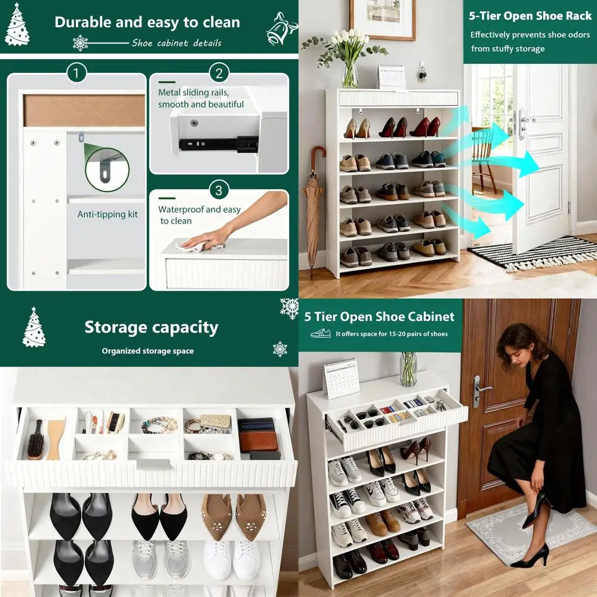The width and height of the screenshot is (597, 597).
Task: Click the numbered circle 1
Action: pos(76,74)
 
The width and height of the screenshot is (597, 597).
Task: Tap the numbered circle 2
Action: pos(219,74)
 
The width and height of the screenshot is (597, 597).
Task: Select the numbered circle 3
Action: pos(219,190)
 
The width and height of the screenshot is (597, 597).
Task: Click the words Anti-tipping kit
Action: pos(107,214)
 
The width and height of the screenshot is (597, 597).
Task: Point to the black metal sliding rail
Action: pos(219,143)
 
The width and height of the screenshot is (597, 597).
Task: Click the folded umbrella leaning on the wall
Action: pos(313,209)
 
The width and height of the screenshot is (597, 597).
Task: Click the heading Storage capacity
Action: pos(151,327)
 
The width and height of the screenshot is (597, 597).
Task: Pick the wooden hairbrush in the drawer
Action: pos(35,439)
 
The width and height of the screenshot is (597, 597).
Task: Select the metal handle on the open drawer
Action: pos(153,463)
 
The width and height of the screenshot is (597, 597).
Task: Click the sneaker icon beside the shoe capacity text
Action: pos(321,333)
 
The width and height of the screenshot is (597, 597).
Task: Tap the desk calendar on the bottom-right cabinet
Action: pos(341,378)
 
